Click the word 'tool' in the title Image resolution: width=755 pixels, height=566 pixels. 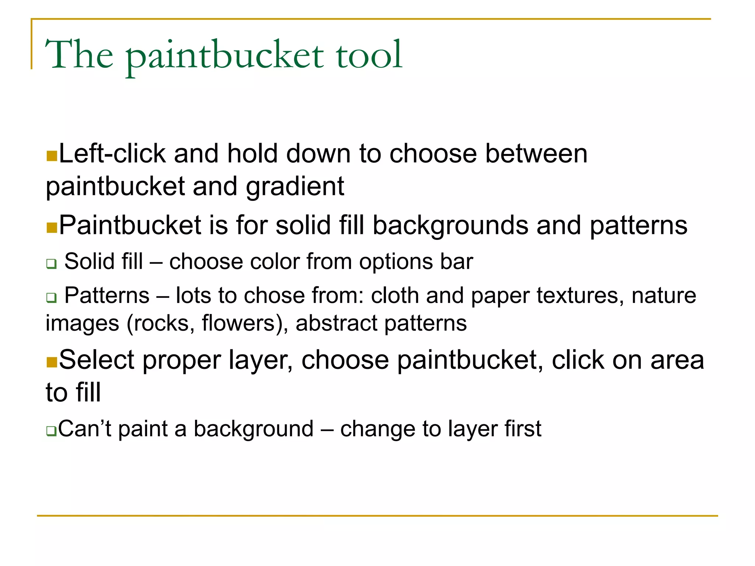point(368,55)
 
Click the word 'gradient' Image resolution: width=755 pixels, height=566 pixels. point(295,187)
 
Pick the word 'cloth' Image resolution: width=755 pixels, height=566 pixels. point(394,296)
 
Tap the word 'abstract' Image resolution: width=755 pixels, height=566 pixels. point(336,324)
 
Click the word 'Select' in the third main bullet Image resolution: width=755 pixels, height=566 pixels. point(97,360)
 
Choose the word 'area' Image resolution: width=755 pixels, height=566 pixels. point(677,360)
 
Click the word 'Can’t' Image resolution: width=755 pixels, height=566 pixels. point(84,429)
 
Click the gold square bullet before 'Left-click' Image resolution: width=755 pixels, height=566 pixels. point(52,156)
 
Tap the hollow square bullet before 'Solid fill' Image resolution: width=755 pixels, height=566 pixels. point(51,264)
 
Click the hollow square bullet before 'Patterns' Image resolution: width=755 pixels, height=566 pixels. point(51,297)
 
